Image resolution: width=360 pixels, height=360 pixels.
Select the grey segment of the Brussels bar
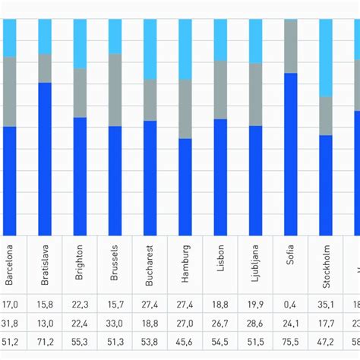[x=115, y=90]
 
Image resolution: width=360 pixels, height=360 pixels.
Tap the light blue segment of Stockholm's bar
[x=326, y=58]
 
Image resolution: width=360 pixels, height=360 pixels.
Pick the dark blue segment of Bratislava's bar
[x=45, y=159]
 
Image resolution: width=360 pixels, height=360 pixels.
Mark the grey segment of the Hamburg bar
[x=185, y=109]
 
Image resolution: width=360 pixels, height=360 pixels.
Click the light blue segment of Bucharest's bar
[x=150, y=49]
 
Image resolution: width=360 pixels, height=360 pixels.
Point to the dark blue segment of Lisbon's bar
[x=220, y=177]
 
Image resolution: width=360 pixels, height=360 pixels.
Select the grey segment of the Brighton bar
[x=80, y=93]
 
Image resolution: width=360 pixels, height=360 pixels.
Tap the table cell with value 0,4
[x=290, y=305]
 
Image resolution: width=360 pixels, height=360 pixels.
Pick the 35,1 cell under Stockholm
[x=326, y=305]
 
